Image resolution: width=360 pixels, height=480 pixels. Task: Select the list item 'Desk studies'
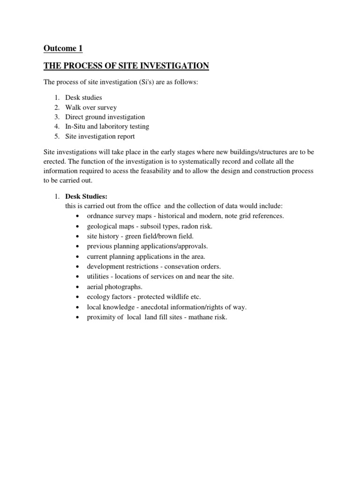[83, 98]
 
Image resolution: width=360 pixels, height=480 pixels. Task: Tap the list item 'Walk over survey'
[91, 107]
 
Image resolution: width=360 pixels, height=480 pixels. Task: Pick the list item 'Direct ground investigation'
[105, 117]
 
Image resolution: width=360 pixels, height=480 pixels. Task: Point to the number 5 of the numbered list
[56, 136]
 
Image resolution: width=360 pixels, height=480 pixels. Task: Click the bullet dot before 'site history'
[76, 236]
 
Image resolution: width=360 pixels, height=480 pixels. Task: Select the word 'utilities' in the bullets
[98, 277]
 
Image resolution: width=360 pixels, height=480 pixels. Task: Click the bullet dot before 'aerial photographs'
[76, 287]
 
